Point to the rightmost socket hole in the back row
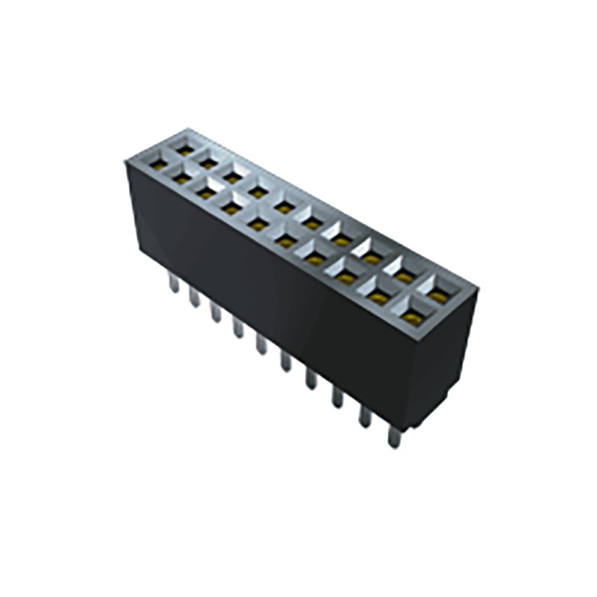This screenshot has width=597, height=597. (440, 297)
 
